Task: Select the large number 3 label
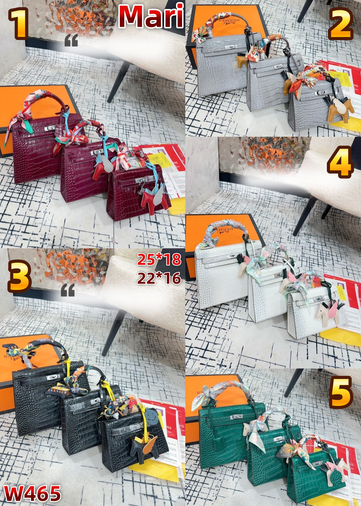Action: click(x=19, y=276)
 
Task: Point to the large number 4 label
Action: click(x=340, y=162)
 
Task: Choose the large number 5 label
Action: click(x=340, y=392)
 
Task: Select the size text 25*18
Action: click(x=159, y=260)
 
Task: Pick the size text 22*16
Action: click(x=159, y=278)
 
